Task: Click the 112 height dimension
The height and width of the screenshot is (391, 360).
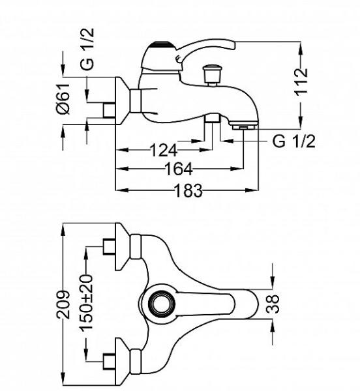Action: (x=301, y=81)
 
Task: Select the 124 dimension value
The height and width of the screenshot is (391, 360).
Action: (x=164, y=151)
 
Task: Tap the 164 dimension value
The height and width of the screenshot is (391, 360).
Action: (x=179, y=169)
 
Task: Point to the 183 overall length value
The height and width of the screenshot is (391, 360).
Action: (x=188, y=190)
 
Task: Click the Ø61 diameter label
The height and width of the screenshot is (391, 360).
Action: (x=63, y=99)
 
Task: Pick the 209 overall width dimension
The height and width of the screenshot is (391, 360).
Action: (x=63, y=305)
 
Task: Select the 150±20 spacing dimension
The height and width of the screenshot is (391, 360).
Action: (x=86, y=302)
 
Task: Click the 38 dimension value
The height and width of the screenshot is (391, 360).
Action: (x=273, y=304)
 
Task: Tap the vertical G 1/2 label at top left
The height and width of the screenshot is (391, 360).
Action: (x=87, y=49)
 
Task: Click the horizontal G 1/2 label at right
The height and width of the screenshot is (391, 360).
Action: (x=293, y=141)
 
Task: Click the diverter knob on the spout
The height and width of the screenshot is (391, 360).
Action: (x=212, y=74)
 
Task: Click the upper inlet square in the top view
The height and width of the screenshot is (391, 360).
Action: (x=110, y=247)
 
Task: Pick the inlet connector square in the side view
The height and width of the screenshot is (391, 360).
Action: (x=110, y=110)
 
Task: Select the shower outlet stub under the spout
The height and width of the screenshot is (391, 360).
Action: (x=213, y=118)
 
